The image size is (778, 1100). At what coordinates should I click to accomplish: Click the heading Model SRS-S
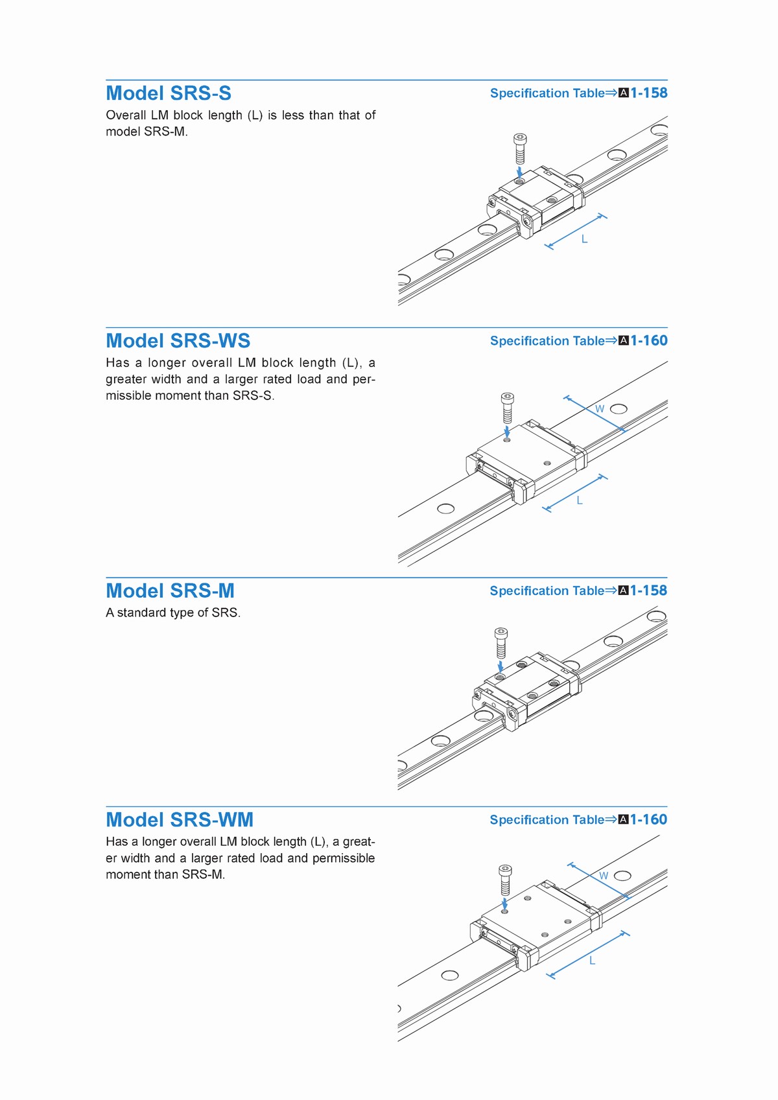click(x=169, y=93)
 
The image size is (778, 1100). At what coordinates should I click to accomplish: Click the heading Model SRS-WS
click(x=178, y=341)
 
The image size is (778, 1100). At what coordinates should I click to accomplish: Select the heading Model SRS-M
click(x=170, y=591)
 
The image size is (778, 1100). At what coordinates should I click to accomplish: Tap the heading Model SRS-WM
click(x=180, y=820)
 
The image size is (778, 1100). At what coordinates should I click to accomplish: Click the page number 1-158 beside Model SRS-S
click(x=649, y=93)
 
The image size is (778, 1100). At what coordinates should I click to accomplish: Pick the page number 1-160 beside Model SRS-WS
click(x=649, y=340)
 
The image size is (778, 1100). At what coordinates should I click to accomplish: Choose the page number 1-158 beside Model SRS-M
click(x=649, y=591)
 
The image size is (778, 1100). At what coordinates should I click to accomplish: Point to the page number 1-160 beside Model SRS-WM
click(x=649, y=819)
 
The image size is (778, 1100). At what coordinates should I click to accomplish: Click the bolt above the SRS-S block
click(x=519, y=149)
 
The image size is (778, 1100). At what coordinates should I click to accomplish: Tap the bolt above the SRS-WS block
click(x=508, y=408)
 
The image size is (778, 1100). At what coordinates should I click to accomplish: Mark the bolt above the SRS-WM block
click(x=506, y=879)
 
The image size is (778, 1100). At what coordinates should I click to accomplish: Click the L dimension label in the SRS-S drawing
click(x=584, y=239)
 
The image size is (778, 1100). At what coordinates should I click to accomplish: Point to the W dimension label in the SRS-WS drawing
click(x=600, y=409)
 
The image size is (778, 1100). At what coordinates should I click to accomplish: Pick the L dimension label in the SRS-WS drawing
click(x=580, y=500)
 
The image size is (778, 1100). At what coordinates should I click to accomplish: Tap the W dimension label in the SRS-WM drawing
click(x=604, y=876)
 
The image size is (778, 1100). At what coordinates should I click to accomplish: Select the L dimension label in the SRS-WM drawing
click(x=592, y=961)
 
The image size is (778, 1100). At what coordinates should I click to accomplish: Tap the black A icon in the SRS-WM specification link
click(x=624, y=820)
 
